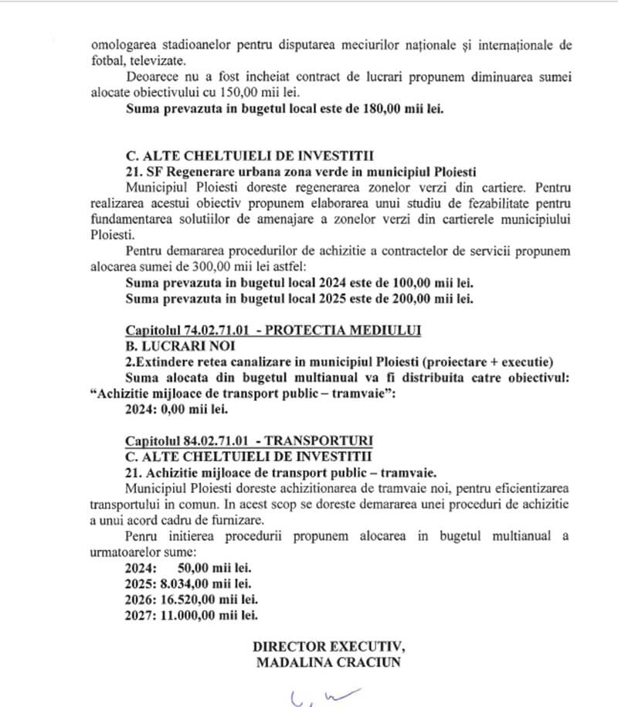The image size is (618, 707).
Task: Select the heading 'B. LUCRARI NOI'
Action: (x=175, y=346)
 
